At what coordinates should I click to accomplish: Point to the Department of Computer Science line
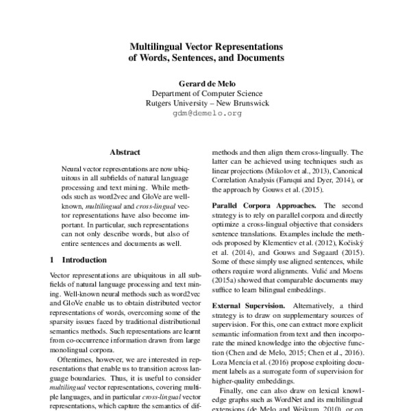pos(206,93)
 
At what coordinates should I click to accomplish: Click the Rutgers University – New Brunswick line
pos(206,103)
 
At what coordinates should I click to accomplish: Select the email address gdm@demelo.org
pos(206,114)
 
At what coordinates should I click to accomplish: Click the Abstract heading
pos(125,151)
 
